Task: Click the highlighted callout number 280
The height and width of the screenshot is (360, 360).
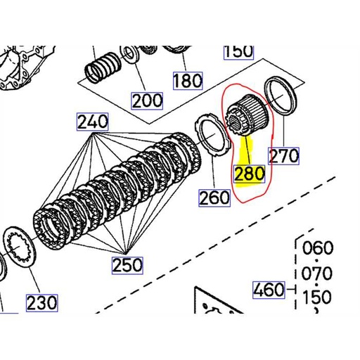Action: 250,174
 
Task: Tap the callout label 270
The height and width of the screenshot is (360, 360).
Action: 284,156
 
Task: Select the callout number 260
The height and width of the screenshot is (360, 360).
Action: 214,198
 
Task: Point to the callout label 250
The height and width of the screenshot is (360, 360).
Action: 127,265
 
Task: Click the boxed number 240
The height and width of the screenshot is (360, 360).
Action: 93,122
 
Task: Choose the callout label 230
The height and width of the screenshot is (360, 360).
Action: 42,303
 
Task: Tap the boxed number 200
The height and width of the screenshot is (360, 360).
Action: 147,101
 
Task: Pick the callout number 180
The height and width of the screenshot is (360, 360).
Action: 188,81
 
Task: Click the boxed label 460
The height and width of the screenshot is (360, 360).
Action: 269,290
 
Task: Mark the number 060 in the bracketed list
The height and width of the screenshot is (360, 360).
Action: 318,247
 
